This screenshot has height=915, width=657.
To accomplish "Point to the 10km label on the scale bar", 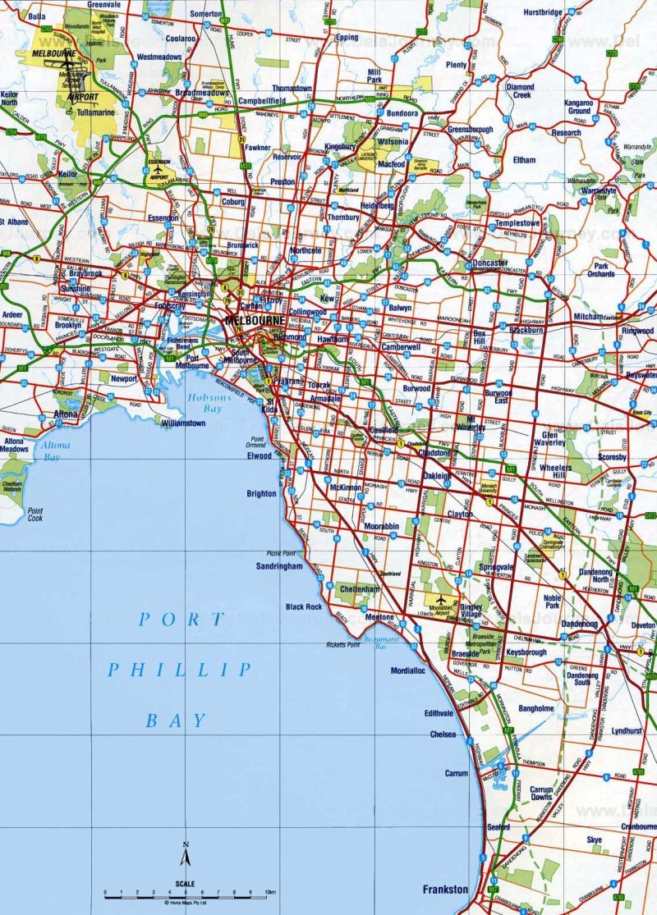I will (x=270, y=891).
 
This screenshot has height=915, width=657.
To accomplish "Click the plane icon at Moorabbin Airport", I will (x=448, y=600).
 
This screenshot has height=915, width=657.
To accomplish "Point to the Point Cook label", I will (x=34, y=515).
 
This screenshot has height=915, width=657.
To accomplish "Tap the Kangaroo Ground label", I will (x=579, y=106).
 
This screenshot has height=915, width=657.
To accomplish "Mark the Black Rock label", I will (x=304, y=606).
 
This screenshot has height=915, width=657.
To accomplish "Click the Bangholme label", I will (x=536, y=708).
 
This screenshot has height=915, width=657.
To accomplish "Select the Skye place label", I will (x=594, y=840).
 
